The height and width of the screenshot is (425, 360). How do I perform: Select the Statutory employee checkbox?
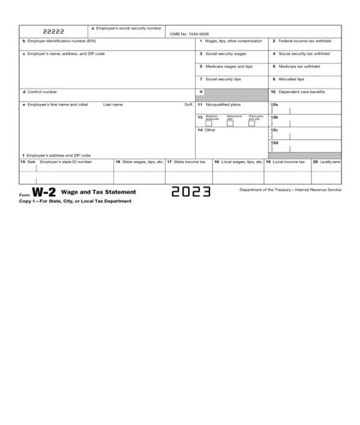click(x=209, y=123)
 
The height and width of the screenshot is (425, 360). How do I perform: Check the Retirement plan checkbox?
click(x=230, y=123)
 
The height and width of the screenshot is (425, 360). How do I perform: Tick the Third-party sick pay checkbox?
click(x=251, y=123)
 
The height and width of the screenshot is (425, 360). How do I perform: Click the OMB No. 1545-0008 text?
click(x=190, y=34)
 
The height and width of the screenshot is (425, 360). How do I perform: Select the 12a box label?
click(x=274, y=104)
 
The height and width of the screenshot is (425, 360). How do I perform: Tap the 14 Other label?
click(x=206, y=130)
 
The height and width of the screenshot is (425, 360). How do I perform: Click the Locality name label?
click(x=329, y=161)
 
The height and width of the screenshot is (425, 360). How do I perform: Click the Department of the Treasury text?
click(x=290, y=189)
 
